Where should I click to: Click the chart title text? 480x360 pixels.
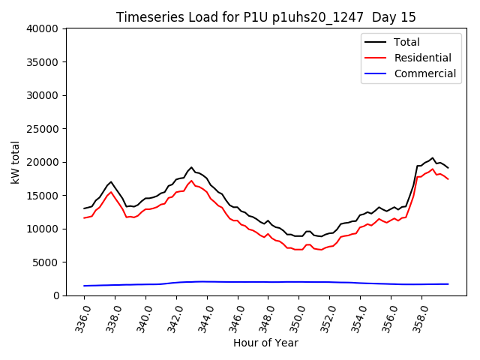point(266,17)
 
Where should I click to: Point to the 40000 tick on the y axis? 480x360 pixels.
point(43,28)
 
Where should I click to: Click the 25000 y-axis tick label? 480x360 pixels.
point(43,129)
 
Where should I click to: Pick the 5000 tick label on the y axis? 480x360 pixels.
point(46,262)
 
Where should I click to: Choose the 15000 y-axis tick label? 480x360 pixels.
point(43,196)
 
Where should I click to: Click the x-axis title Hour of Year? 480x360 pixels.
point(265,343)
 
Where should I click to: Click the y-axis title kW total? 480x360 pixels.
point(15,162)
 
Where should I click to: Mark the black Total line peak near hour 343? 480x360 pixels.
point(191,167)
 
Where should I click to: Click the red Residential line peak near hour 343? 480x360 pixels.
point(191,181)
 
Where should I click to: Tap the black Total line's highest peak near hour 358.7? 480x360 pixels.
point(433,157)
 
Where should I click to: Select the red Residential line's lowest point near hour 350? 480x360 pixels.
point(298,250)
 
